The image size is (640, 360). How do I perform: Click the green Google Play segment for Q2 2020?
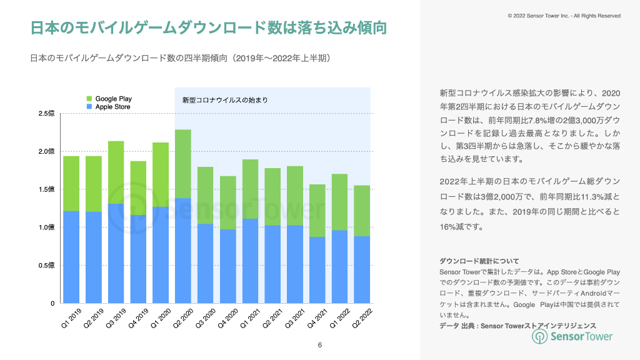[x=183, y=164]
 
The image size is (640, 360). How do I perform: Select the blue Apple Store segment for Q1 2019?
[x=71, y=257]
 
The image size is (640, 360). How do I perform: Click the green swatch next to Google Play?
[x=89, y=99]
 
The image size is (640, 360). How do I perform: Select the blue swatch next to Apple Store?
[x=89, y=107]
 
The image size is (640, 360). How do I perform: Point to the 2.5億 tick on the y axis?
[x=47, y=113]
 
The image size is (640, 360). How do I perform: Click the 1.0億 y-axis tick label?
[x=47, y=227]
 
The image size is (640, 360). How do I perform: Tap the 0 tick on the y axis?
[x=52, y=304]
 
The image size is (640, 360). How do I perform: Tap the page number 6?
[x=320, y=345]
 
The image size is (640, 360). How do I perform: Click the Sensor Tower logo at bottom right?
[x=572, y=336]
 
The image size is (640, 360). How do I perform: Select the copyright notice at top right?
[x=564, y=16]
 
